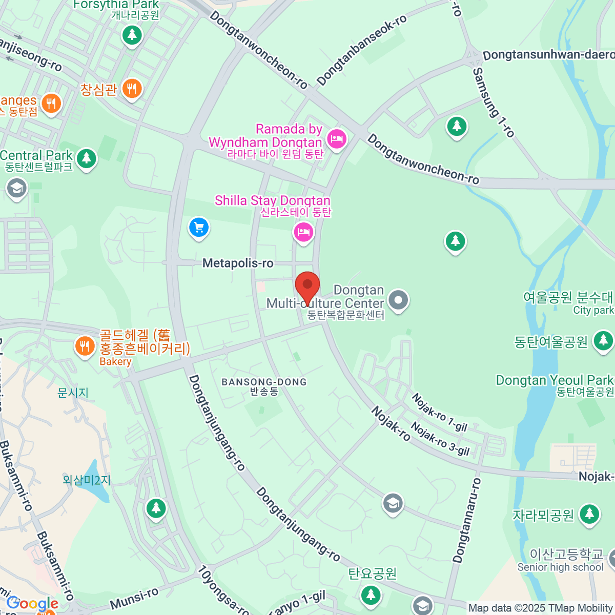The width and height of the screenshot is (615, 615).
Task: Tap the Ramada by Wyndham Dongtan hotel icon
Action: [337, 138]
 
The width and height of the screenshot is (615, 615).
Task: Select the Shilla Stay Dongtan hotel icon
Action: [303, 232]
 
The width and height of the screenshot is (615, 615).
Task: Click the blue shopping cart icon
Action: [198, 228]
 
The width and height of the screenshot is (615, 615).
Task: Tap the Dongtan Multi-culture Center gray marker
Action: [398, 300]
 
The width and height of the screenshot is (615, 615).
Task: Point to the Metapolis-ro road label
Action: [238, 263]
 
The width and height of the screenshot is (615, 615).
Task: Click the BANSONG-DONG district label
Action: [264, 382]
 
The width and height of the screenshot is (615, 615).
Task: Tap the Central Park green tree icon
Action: [86, 158]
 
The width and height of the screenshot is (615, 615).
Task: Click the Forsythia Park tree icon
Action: [132, 35]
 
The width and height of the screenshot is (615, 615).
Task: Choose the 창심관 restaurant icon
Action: [132, 89]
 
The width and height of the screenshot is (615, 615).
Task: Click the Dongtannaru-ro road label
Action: [467, 520]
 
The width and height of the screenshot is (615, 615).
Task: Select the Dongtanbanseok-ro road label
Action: [361, 50]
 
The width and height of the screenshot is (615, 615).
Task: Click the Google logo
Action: [32, 604]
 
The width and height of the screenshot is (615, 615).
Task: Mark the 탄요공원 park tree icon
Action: [371, 595]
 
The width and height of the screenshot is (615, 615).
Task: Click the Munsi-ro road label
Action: [134, 599]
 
